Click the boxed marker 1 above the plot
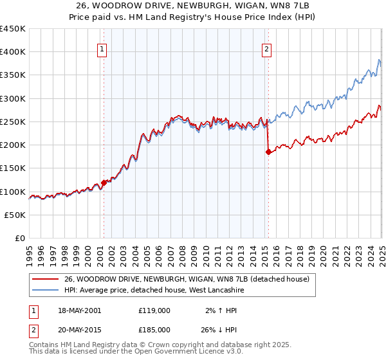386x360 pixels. click(x=103, y=47)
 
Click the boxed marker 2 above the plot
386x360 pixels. click(x=267, y=47)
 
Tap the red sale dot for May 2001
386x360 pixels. click(x=104, y=183)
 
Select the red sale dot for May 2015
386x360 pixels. click(x=268, y=152)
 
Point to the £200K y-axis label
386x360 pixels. click(x=12, y=145)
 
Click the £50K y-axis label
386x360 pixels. click(x=15, y=215)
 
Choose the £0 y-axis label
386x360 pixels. click(x=21, y=239)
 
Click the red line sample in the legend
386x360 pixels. click(x=44, y=280)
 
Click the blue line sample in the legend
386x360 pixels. click(x=44, y=291)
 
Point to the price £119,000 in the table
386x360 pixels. click(x=154, y=310)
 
